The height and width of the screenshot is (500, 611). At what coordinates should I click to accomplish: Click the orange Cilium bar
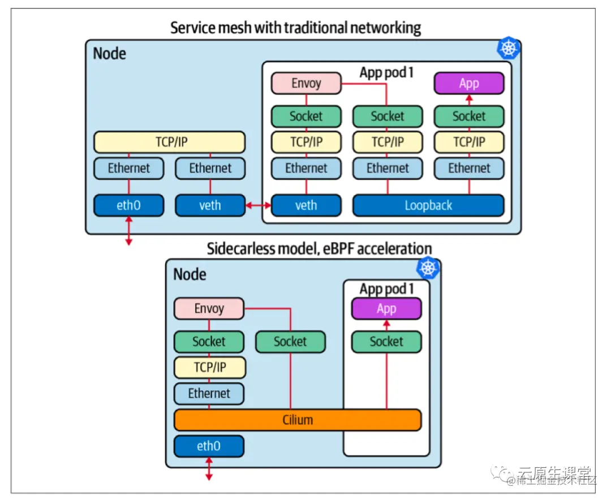[x=298, y=420]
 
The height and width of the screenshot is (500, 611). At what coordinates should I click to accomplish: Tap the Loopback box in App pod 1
[x=428, y=205]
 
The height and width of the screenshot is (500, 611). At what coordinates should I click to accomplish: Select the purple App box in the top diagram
[x=469, y=83]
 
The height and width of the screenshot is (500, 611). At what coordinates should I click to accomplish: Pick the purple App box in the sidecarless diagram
[x=386, y=309]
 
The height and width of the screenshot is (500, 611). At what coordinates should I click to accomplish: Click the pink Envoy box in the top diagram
[x=306, y=83]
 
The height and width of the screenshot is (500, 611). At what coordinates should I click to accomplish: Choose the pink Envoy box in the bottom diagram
[x=209, y=309]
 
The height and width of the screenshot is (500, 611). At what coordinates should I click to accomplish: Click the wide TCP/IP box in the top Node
[x=169, y=142]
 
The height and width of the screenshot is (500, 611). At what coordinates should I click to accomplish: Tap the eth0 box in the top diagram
[x=128, y=205]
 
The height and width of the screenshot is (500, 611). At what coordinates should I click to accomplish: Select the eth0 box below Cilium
[x=209, y=446]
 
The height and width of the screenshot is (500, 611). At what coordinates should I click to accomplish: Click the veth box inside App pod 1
[x=306, y=205]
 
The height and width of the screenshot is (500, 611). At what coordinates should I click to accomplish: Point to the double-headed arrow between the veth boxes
[x=258, y=206]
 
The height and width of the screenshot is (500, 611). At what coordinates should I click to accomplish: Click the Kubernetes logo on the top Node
[x=509, y=49]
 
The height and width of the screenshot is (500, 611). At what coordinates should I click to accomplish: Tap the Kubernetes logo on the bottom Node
[x=428, y=268]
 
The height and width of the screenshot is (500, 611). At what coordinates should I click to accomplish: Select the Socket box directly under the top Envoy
[x=306, y=116]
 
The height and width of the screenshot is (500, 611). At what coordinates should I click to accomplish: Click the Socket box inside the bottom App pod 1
[x=386, y=342]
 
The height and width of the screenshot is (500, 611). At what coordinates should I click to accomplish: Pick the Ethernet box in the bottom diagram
[x=209, y=394]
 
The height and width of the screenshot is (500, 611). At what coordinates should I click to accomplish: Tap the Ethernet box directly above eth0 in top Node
[x=128, y=168]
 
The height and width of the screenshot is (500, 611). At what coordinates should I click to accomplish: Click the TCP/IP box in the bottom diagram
[x=209, y=368]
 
